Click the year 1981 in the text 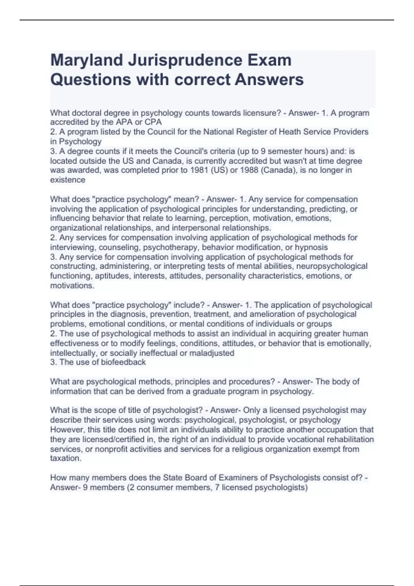click(x=196, y=170)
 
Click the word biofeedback click(x=123, y=362)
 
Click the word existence click(x=68, y=180)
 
